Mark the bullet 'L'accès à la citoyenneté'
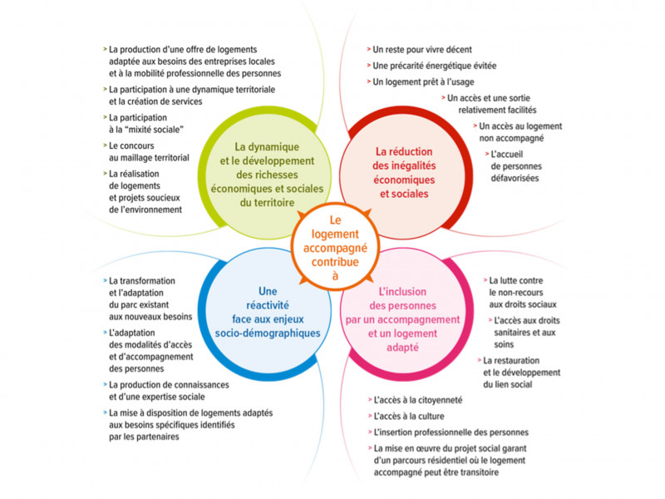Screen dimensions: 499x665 tap(419, 400)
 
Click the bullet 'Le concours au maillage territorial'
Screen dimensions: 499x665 tap(150, 151)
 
